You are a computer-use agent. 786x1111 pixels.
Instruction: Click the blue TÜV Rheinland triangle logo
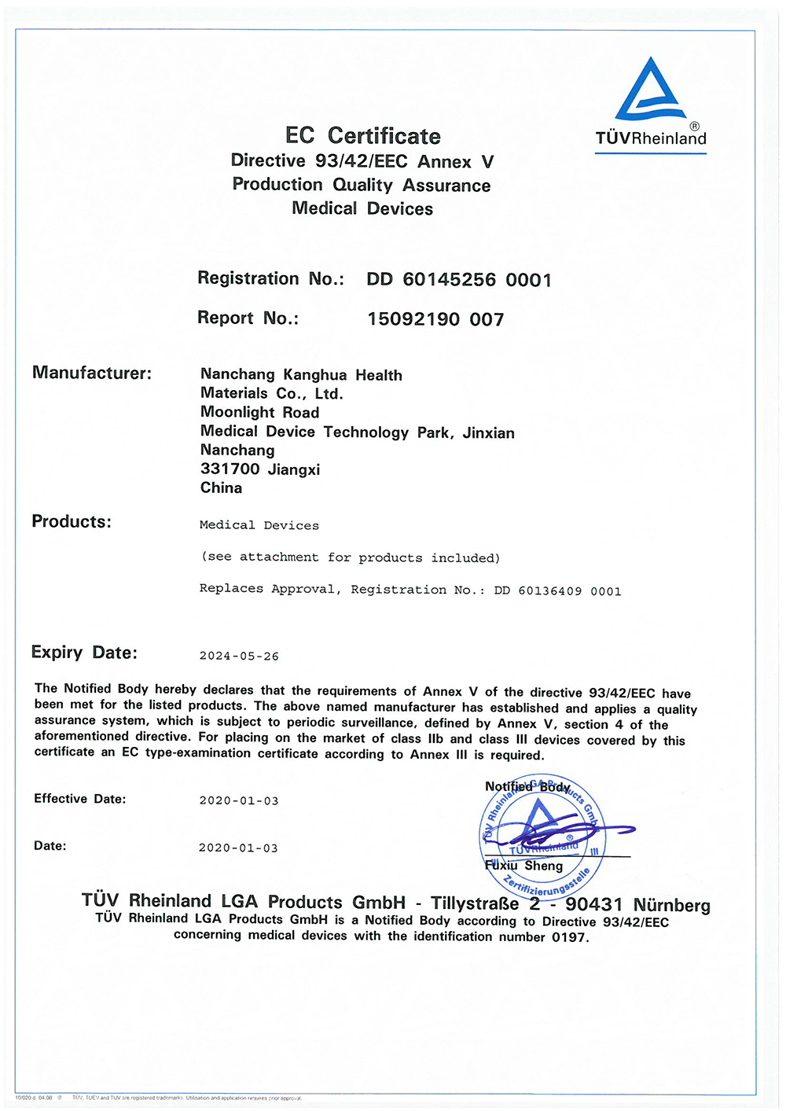coord(650,90)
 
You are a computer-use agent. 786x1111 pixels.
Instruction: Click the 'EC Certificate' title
coord(362,136)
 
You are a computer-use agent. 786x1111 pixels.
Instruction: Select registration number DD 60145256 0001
coord(459,280)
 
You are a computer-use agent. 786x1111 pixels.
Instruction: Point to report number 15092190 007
coord(435,319)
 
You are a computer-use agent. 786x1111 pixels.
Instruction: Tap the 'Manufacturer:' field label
coord(92,373)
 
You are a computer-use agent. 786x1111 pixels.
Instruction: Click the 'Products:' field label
coord(72,521)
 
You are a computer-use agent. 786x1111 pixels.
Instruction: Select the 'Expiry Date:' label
coord(84,652)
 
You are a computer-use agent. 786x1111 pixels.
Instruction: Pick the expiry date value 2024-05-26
coord(239,656)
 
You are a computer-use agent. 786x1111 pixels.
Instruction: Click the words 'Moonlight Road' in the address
coord(259,412)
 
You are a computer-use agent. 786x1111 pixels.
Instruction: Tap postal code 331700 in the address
coord(230,469)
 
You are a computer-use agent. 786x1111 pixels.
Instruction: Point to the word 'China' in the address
coord(221,487)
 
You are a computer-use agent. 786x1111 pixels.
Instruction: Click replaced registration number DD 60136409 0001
coord(557,591)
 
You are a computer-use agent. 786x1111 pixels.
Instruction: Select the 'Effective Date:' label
coord(79,799)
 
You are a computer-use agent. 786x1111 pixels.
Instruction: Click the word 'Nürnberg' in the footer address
coord(671,905)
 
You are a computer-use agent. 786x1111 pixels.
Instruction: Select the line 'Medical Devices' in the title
coord(362,208)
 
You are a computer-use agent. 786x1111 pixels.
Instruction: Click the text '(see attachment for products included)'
coord(351,557)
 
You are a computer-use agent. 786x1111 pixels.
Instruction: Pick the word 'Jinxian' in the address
coord(488,432)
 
